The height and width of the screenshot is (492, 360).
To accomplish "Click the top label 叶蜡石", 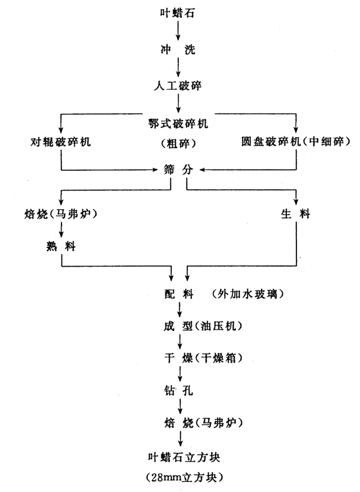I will pos(178,11).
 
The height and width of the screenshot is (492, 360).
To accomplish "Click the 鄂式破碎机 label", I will pos(178,122).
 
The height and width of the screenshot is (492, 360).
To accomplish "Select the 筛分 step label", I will pos(178,170).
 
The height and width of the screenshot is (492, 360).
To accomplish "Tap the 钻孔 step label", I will pos(178,389).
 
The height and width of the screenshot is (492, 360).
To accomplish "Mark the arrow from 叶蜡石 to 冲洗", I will pos(178,30).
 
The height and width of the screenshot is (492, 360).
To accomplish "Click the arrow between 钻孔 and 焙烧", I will pos(178,406).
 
